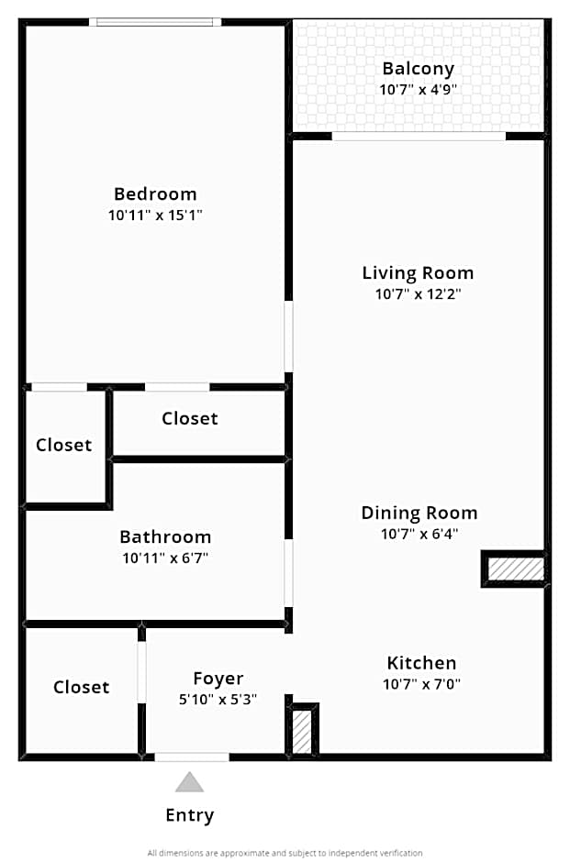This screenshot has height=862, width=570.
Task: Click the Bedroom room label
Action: (x=155, y=193)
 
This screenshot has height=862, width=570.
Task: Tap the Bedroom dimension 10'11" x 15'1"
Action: (x=155, y=215)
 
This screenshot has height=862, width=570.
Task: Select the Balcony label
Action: (x=419, y=69)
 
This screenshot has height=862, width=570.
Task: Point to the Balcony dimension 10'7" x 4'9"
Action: (x=419, y=90)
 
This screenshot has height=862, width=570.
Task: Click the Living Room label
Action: (x=418, y=272)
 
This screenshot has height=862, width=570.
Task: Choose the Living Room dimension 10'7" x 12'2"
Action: (x=418, y=294)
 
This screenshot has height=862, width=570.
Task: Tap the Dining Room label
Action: (x=419, y=513)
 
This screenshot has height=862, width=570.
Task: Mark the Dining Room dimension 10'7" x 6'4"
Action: (x=419, y=534)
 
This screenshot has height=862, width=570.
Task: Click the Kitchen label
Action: (x=421, y=663)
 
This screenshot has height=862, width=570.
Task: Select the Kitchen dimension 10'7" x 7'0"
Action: (x=421, y=684)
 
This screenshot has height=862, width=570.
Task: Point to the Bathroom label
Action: (x=165, y=536)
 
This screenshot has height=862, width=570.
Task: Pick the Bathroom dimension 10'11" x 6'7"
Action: (x=165, y=558)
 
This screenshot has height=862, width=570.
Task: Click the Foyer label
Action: (x=218, y=679)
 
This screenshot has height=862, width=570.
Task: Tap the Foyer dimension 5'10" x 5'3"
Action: (x=218, y=700)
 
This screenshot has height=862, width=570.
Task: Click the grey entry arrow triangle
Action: (x=190, y=782)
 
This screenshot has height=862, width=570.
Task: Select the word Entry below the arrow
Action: (x=190, y=815)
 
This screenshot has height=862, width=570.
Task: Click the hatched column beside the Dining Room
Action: (x=515, y=569)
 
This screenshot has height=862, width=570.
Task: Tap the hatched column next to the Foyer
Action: (x=303, y=731)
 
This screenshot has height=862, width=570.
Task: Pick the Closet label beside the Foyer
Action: (x=81, y=687)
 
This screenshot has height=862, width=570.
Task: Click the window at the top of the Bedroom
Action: (x=155, y=22)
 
